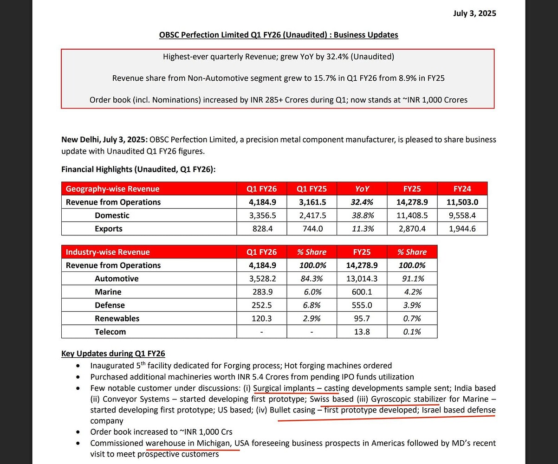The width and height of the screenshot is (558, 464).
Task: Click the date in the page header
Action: (474, 13)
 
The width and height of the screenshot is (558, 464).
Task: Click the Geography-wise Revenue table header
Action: (112, 189)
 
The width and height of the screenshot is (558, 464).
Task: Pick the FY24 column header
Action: (462, 189)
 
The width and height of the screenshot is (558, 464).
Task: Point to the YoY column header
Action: (362, 189)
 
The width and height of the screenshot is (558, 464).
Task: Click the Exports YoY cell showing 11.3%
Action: (362, 229)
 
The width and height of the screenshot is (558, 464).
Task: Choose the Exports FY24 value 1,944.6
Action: (462, 229)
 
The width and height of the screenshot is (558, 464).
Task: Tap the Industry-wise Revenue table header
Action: (108, 252)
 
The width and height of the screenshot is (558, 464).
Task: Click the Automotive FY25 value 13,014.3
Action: (362, 278)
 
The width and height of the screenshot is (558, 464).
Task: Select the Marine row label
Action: (108, 292)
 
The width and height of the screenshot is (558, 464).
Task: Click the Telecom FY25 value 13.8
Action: (362, 332)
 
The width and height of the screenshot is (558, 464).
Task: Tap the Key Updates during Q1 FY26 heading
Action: (113, 354)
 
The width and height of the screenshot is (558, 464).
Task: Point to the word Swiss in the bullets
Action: (320, 399)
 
